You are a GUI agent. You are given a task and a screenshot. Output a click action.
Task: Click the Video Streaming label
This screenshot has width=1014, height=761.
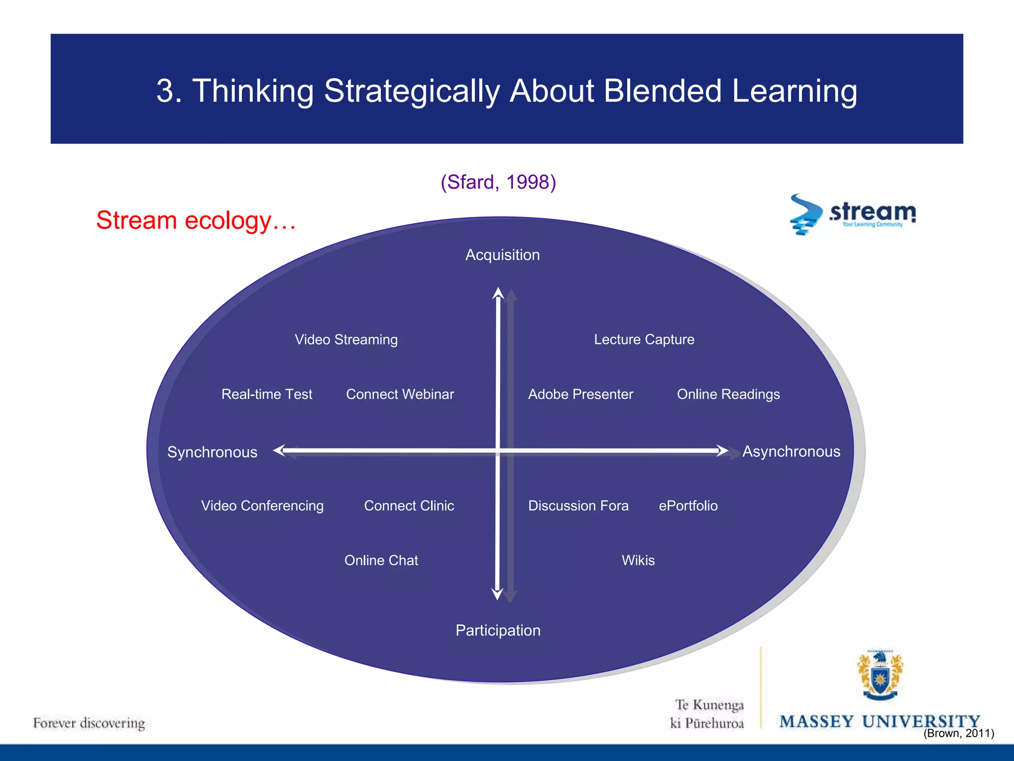tap(346, 339)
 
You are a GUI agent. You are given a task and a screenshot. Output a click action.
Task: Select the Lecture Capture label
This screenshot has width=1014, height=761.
tap(644, 339)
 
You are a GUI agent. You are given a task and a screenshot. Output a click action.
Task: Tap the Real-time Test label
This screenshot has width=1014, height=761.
tap(266, 394)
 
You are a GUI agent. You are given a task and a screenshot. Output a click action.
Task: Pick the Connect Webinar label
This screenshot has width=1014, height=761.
tap(400, 394)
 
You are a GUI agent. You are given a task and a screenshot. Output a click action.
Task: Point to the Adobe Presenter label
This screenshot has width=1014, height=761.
tap(580, 394)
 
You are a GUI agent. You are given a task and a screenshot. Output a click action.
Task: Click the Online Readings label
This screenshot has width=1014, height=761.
tap(728, 394)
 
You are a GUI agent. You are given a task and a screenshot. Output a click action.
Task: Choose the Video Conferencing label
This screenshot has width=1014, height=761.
tap(262, 505)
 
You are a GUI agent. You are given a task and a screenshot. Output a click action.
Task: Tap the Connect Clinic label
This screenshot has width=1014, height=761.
tap(408, 505)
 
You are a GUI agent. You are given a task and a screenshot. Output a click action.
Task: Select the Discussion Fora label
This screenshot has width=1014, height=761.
tap(578, 505)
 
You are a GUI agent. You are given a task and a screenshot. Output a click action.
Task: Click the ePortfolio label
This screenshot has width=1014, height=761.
tap(688, 505)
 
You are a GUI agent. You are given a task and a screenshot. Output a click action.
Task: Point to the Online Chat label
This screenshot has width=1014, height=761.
tap(381, 560)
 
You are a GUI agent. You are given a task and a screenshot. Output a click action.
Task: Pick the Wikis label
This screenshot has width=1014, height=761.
tap(638, 560)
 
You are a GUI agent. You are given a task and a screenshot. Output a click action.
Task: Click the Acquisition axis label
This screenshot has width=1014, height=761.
tap(502, 255)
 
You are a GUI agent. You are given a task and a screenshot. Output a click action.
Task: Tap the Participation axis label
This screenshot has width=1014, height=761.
tap(498, 630)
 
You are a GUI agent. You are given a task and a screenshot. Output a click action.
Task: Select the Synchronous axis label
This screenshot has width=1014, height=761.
tap(212, 452)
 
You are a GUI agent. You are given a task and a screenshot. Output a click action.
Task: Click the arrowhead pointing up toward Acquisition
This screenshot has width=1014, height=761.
tap(498, 293)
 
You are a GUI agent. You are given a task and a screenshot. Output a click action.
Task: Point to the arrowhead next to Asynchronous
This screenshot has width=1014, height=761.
tap(722, 451)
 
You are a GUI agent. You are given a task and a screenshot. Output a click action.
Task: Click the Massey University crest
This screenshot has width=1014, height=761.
tap(880, 675)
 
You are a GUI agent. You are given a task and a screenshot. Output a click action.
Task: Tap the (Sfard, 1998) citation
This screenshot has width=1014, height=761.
tap(498, 182)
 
